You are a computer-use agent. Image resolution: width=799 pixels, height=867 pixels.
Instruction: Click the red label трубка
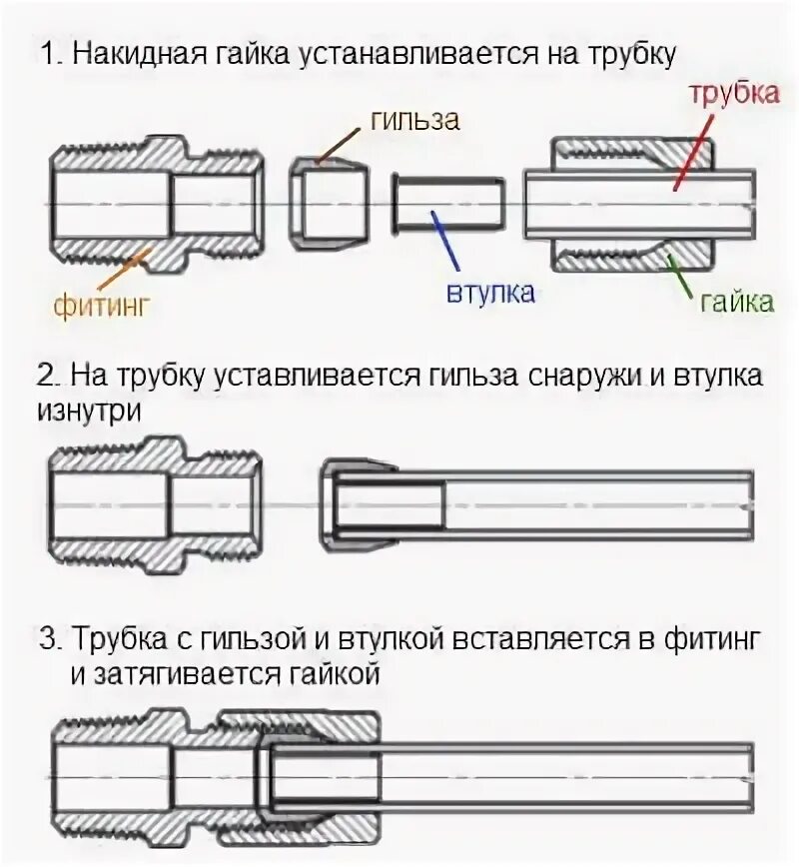click(733, 95)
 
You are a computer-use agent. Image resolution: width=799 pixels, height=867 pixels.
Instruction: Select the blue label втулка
click(489, 293)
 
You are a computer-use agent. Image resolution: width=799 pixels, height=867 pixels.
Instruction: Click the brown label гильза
click(414, 120)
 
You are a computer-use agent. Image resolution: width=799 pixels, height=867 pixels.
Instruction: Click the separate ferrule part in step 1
click(329, 204)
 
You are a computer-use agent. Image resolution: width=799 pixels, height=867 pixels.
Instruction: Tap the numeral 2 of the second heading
click(47, 377)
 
